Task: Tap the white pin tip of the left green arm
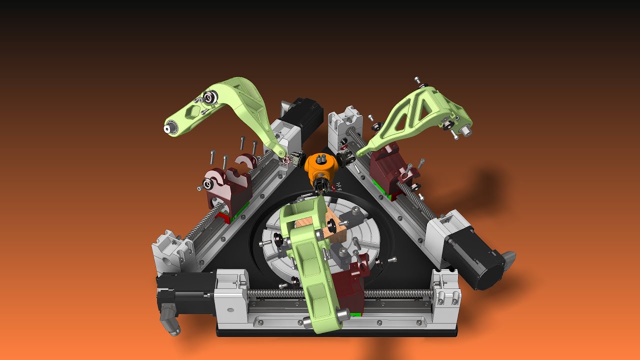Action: click(x=167, y=129)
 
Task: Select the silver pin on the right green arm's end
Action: click(x=465, y=131)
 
